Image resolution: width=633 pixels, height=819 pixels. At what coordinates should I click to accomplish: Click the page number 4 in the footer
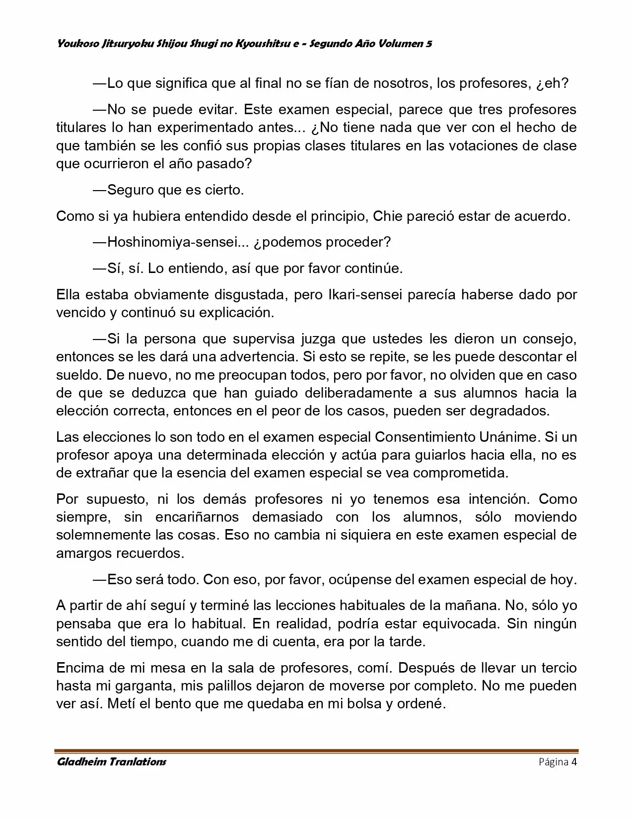tap(574, 762)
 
